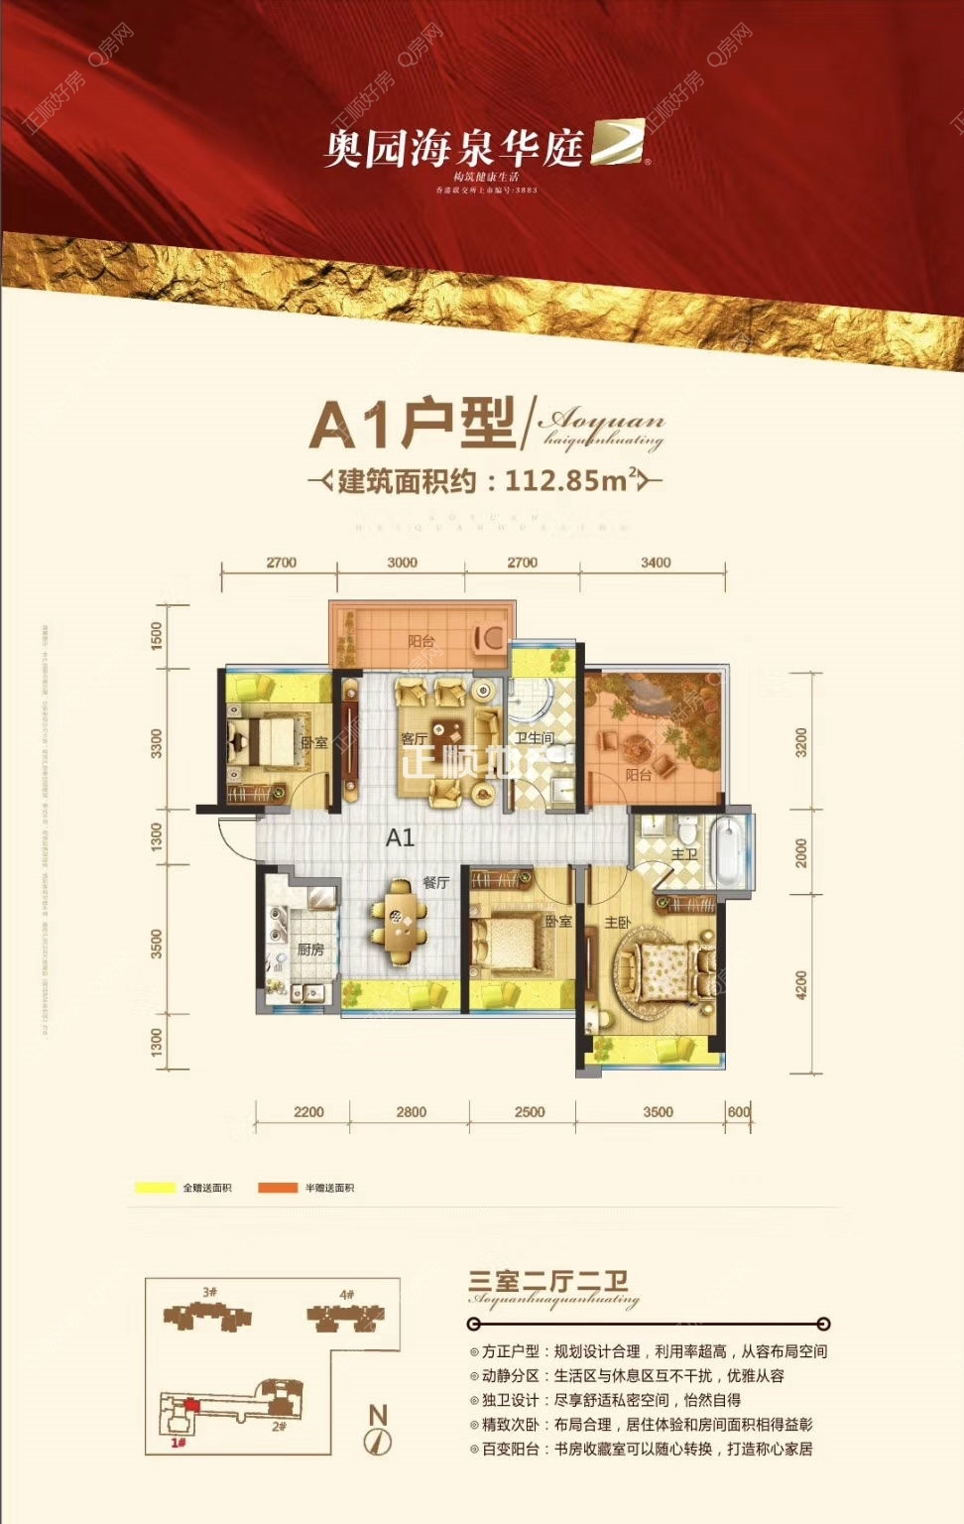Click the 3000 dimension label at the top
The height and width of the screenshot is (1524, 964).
(402, 563)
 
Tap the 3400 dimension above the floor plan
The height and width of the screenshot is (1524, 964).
(656, 563)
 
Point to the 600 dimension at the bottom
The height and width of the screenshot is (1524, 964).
(739, 1111)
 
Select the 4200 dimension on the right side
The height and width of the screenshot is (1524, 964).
(801, 985)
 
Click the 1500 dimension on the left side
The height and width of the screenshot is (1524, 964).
(156, 636)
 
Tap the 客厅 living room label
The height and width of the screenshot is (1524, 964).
(414, 738)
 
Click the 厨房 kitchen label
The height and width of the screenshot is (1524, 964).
(310, 950)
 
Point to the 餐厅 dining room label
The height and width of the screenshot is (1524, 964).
(436, 882)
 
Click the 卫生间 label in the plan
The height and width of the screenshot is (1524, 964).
(534, 738)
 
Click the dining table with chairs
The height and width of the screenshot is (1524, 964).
(401, 923)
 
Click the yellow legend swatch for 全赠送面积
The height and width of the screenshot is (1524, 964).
(155, 1188)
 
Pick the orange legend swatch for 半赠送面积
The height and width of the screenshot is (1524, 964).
(279, 1188)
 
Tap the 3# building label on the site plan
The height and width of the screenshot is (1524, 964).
(209, 1293)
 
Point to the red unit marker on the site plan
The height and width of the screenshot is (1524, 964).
(190, 1405)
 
